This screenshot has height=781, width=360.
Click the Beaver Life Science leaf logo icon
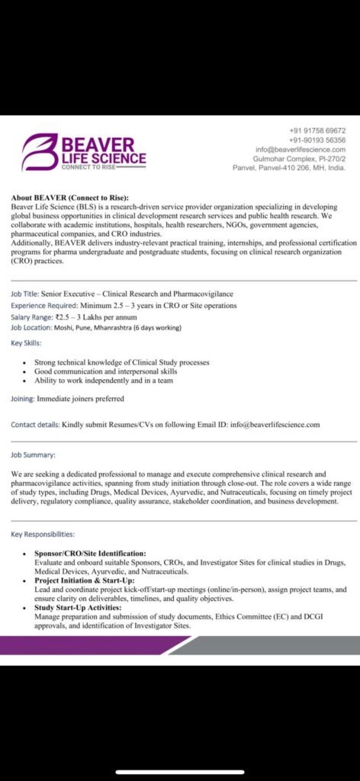(x=38, y=150)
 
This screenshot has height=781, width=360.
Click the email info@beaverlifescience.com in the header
(x=302, y=149)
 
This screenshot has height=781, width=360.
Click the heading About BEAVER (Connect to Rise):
(x=70, y=198)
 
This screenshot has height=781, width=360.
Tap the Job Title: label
(x=27, y=294)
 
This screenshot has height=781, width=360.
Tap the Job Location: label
(x=31, y=327)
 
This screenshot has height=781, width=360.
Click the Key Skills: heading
(x=27, y=344)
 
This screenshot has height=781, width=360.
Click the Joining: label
(x=23, y=398)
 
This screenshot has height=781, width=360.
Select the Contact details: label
(x=35, y=424)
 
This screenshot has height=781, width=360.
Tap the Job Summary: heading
(x=33, y=455)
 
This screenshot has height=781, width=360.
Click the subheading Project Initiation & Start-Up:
(x=86, y=580)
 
